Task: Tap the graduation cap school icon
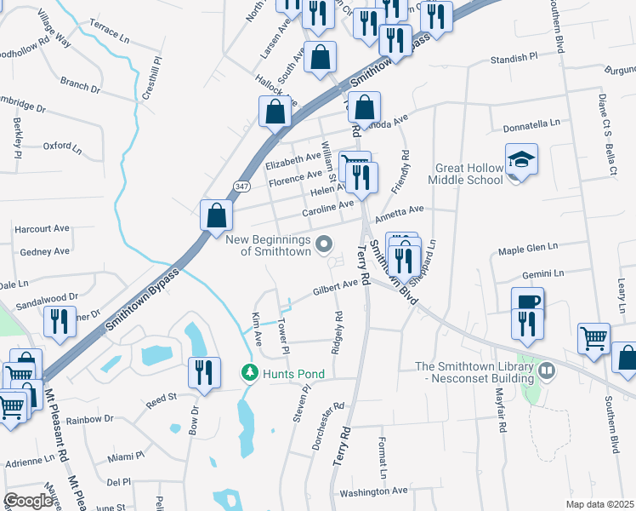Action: pos(520,159)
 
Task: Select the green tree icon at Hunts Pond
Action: pos(249,372)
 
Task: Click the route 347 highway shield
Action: pos(240,185)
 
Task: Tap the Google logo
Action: pos(28,500)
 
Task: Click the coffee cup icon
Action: pos(527,302)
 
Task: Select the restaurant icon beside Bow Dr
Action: pos(203,373)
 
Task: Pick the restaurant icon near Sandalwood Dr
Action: pos(58,321)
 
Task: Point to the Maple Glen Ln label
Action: pos(527,248)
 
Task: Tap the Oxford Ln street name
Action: pos(61,146)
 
